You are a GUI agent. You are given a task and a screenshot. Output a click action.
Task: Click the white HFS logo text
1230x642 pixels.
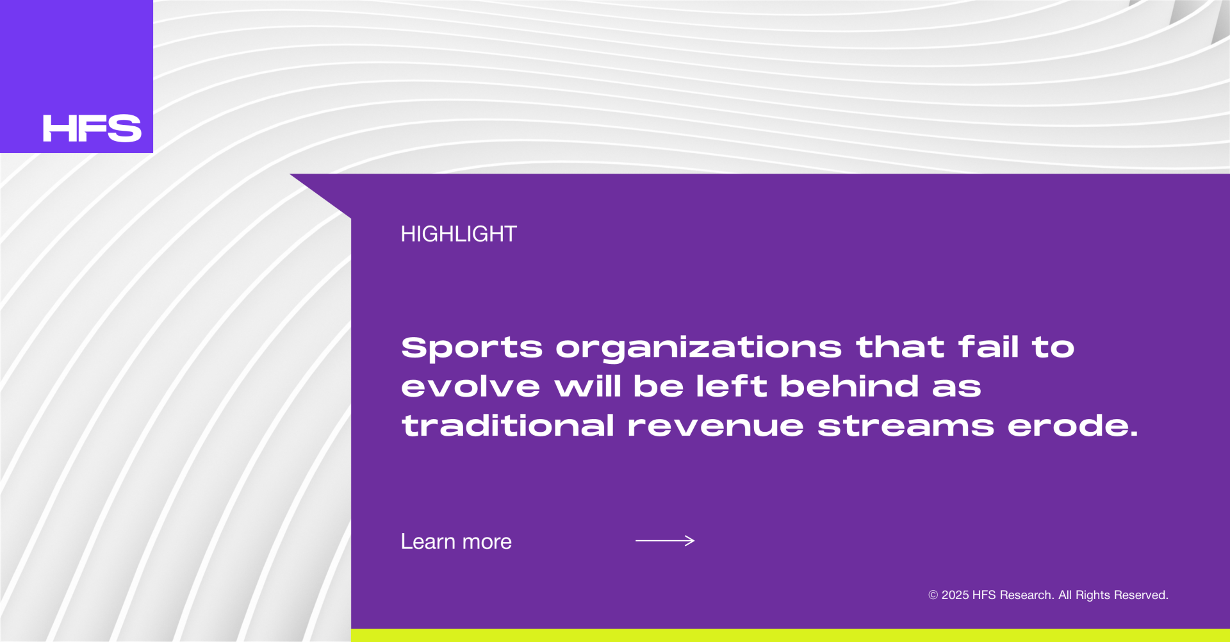[x=92, y=128]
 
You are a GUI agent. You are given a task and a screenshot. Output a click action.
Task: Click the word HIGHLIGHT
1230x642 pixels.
[x=459, y=234]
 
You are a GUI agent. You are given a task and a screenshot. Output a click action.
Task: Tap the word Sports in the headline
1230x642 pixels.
[x=471, y=348]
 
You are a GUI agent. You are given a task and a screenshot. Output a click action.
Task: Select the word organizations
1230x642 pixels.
[x=698, y=348]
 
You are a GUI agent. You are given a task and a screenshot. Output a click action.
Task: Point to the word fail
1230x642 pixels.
[x=988, y=347]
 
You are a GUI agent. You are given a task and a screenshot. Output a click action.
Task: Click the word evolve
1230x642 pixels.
[x=471, y=386]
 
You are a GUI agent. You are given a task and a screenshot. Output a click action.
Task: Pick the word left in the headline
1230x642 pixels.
[x=732, y=386]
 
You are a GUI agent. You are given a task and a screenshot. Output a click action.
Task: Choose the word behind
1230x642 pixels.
[x=849, y=386]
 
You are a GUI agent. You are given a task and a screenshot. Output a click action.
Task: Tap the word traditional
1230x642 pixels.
[x=508, y=425]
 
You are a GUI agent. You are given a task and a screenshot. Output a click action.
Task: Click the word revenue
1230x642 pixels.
[x=716, y=427]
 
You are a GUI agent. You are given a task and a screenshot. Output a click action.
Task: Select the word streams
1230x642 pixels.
[x=906, y=426]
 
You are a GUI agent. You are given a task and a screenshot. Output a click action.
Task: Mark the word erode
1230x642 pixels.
[x=1073, y=425]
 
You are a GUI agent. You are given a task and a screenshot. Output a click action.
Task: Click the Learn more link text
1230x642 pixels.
[x=456, y=542]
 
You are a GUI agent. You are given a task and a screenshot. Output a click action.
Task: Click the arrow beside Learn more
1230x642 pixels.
[x=665, y=541]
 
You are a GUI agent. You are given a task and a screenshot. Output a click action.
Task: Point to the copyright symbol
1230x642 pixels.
[x=933, y=595]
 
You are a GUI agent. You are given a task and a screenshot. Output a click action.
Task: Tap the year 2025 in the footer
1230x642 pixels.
[x=955, y=595]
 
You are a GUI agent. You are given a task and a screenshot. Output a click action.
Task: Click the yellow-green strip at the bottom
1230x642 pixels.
[x=791, y=636]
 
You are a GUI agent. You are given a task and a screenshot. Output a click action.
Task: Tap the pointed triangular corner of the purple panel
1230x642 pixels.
[x=290, y=174]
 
